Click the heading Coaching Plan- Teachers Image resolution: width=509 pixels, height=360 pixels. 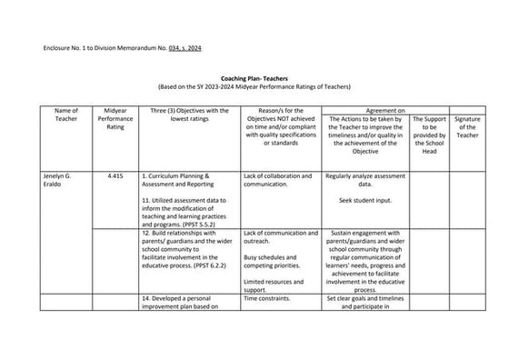(x=254, y=79)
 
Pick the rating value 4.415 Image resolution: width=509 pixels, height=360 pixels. (x=115, y=175)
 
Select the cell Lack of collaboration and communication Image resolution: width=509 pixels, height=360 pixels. (x=278, y=179)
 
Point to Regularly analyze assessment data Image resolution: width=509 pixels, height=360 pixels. (x=364, y=179)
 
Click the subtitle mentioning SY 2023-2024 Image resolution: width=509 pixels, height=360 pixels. (x=254, y=87)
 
